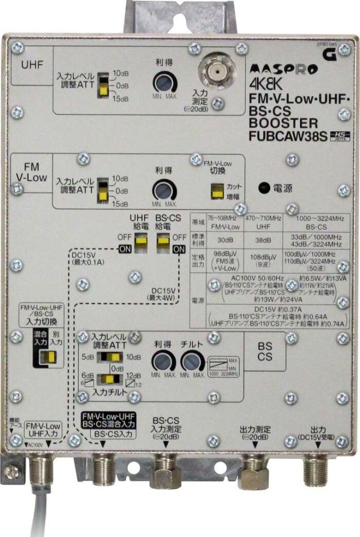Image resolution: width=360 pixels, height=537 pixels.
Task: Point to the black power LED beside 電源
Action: [x=262, y=187]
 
